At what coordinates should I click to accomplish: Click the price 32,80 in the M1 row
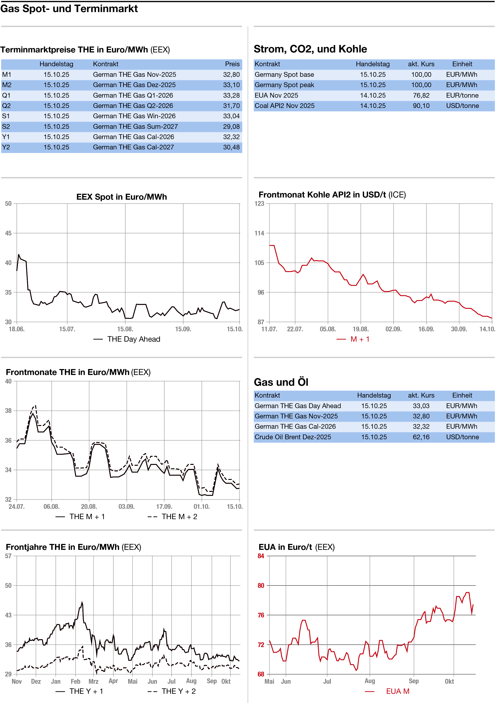point(231,74)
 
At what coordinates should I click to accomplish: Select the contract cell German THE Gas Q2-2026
point(133,106)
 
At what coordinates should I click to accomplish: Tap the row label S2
point(6,126)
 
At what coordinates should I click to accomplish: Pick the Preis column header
point(232,64)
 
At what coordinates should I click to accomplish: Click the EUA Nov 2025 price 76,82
point(421,95)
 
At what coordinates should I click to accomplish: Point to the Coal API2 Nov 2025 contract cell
point(284,106)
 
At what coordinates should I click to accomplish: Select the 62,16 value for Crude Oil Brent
point(421,437)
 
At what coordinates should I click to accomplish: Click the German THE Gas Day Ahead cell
point(298,406)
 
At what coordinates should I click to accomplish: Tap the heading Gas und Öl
point(281,382)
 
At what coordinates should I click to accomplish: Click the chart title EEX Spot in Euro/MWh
point(121,197)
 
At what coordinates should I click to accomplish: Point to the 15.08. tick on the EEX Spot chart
point(125,329)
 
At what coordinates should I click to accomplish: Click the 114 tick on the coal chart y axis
point(259,233)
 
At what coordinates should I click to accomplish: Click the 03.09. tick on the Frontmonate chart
point(126,506)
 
